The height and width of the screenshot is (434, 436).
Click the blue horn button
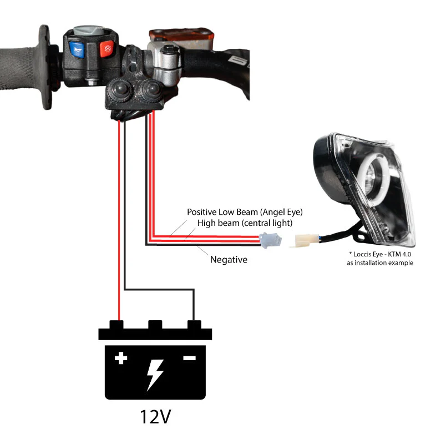tap(77, 50)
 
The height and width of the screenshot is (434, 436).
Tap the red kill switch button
tap(107, 48)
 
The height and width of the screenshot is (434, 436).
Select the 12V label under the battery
tap(155, 416)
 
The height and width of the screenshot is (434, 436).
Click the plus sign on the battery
tap(121, 358)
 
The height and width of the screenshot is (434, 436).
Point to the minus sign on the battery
tap(189, 358)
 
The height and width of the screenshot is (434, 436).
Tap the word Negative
tap(229, 260)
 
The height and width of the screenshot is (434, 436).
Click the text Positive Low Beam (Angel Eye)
tap(245, 212)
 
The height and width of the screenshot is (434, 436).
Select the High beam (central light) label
tap(245, 223)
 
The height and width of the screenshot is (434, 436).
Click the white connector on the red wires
tap(270, 240)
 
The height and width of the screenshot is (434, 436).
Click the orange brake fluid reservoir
tap(181, 37)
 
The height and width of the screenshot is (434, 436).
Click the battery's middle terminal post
tap(155, 325)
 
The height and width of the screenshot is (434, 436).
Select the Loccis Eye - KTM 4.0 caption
tap(380, 254)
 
